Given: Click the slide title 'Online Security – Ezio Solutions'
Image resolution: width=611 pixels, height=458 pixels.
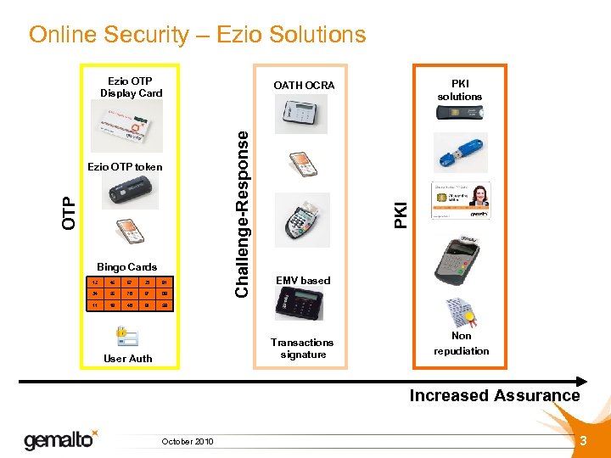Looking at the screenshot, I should click(197, 35).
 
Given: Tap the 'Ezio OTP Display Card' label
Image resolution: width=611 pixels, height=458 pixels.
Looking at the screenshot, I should click(131, 87).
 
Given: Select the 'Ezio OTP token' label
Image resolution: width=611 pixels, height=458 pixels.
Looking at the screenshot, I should click(125, 167).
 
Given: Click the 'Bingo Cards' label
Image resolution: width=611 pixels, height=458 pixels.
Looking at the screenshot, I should click(126, 267).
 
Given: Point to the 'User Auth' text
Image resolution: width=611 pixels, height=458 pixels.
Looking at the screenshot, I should click(128, 359).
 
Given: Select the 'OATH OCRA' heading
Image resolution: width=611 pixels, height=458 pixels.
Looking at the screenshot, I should click(304, 86).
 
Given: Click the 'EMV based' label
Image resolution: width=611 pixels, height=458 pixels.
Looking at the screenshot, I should click(303, 281).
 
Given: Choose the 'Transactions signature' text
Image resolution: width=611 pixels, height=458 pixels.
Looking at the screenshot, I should click(303, 349).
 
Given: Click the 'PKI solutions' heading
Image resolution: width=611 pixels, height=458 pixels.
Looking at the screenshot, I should click(460, 91).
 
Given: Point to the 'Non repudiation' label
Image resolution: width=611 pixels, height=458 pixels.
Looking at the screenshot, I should click(462, 343).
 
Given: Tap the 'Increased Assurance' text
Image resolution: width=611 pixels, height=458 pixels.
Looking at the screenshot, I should click(495, 396).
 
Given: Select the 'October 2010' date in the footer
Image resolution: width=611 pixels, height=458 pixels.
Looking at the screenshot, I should click(188, 441).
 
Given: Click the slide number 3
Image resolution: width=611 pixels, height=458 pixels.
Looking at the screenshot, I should click(583, 440).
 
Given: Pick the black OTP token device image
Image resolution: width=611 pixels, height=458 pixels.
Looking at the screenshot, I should click(127, 193).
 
